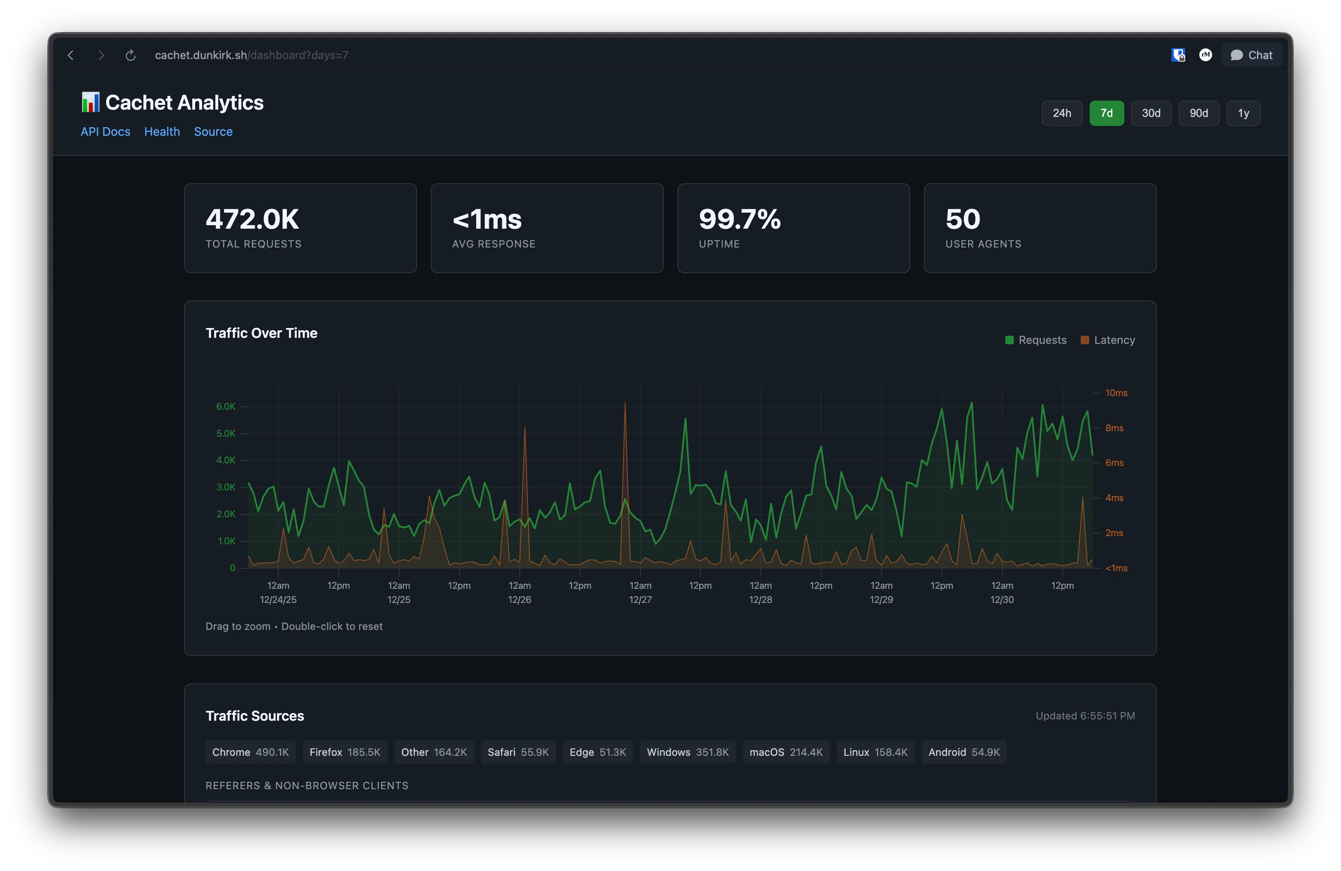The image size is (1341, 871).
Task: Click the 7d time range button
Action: coord(1106,113)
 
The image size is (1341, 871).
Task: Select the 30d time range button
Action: coord(1150,113)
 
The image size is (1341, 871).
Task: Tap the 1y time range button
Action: coord(1243,113)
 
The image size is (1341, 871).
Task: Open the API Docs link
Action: coord(105,131)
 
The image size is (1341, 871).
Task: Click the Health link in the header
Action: coord(162,131)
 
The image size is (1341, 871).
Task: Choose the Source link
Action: coord(213,131)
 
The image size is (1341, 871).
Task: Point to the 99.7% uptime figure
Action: coord(739,219)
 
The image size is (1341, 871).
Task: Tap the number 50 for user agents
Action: coord(963,219)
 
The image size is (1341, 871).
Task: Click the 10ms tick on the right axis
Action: coord(1116,393)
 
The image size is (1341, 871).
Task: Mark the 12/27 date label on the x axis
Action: coord(640,600)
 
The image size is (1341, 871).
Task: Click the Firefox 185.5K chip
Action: coord(345,752)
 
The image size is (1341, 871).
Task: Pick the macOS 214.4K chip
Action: coord(785,752)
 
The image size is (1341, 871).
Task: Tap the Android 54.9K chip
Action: coord(963,752)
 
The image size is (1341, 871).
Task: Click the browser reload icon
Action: coord(130,55)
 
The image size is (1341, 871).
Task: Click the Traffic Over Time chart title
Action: coord(262,333)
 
